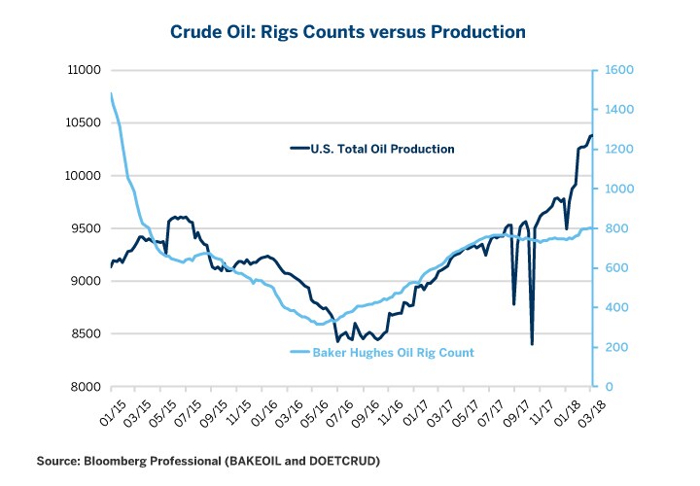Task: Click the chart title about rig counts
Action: [x=350, y=31]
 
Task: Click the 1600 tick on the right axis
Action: [x=619, y=70]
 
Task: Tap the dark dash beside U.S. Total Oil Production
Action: [x=299, y=149]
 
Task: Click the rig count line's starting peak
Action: [x=112, y=94]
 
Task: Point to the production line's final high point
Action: [x=591, y=136]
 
